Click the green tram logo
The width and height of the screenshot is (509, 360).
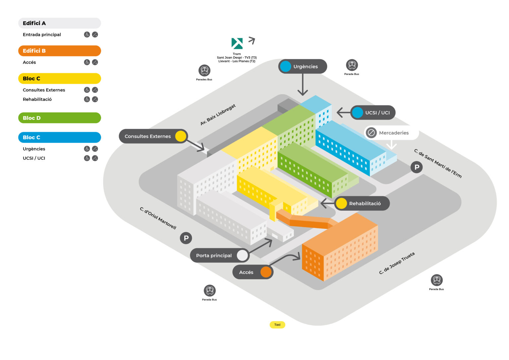[237, 43]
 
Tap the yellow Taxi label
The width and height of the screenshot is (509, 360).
[277, 325]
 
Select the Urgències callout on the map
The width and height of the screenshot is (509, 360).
[303, 66]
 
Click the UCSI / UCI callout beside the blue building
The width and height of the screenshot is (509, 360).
[373, 113]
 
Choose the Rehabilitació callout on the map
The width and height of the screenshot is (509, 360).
[362, 204]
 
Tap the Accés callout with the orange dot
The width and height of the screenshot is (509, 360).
[253, 272]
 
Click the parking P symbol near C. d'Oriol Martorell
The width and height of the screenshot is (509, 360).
[186, 238]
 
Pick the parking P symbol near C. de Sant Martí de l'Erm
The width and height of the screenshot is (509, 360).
[417, 167]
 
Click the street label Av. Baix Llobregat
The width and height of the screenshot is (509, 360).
[218, 115]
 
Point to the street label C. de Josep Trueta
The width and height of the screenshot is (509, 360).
[397, 263]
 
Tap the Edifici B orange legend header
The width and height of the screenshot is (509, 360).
[60, 51]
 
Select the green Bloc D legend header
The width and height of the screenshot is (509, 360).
[60, 118]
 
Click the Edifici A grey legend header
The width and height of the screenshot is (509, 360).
[60, 23]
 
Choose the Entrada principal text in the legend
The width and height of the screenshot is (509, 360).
[42, 34]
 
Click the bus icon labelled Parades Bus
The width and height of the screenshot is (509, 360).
[204, 71]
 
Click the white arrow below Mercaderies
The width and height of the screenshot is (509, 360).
[392, 145]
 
